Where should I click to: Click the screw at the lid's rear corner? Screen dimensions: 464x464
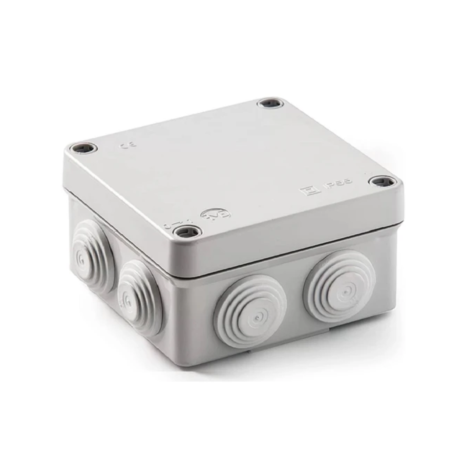(x=270, y=103)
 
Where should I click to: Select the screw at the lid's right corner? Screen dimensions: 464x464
(x=382, y=182)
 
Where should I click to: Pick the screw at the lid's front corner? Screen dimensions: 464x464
(x=187, y=232)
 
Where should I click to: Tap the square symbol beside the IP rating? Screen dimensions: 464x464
(x=310, y=190)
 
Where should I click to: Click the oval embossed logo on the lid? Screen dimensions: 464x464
(x=216, y=214)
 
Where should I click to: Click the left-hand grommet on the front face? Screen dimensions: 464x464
(x=250, y=311)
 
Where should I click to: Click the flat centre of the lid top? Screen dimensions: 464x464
(x=230, y=161)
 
